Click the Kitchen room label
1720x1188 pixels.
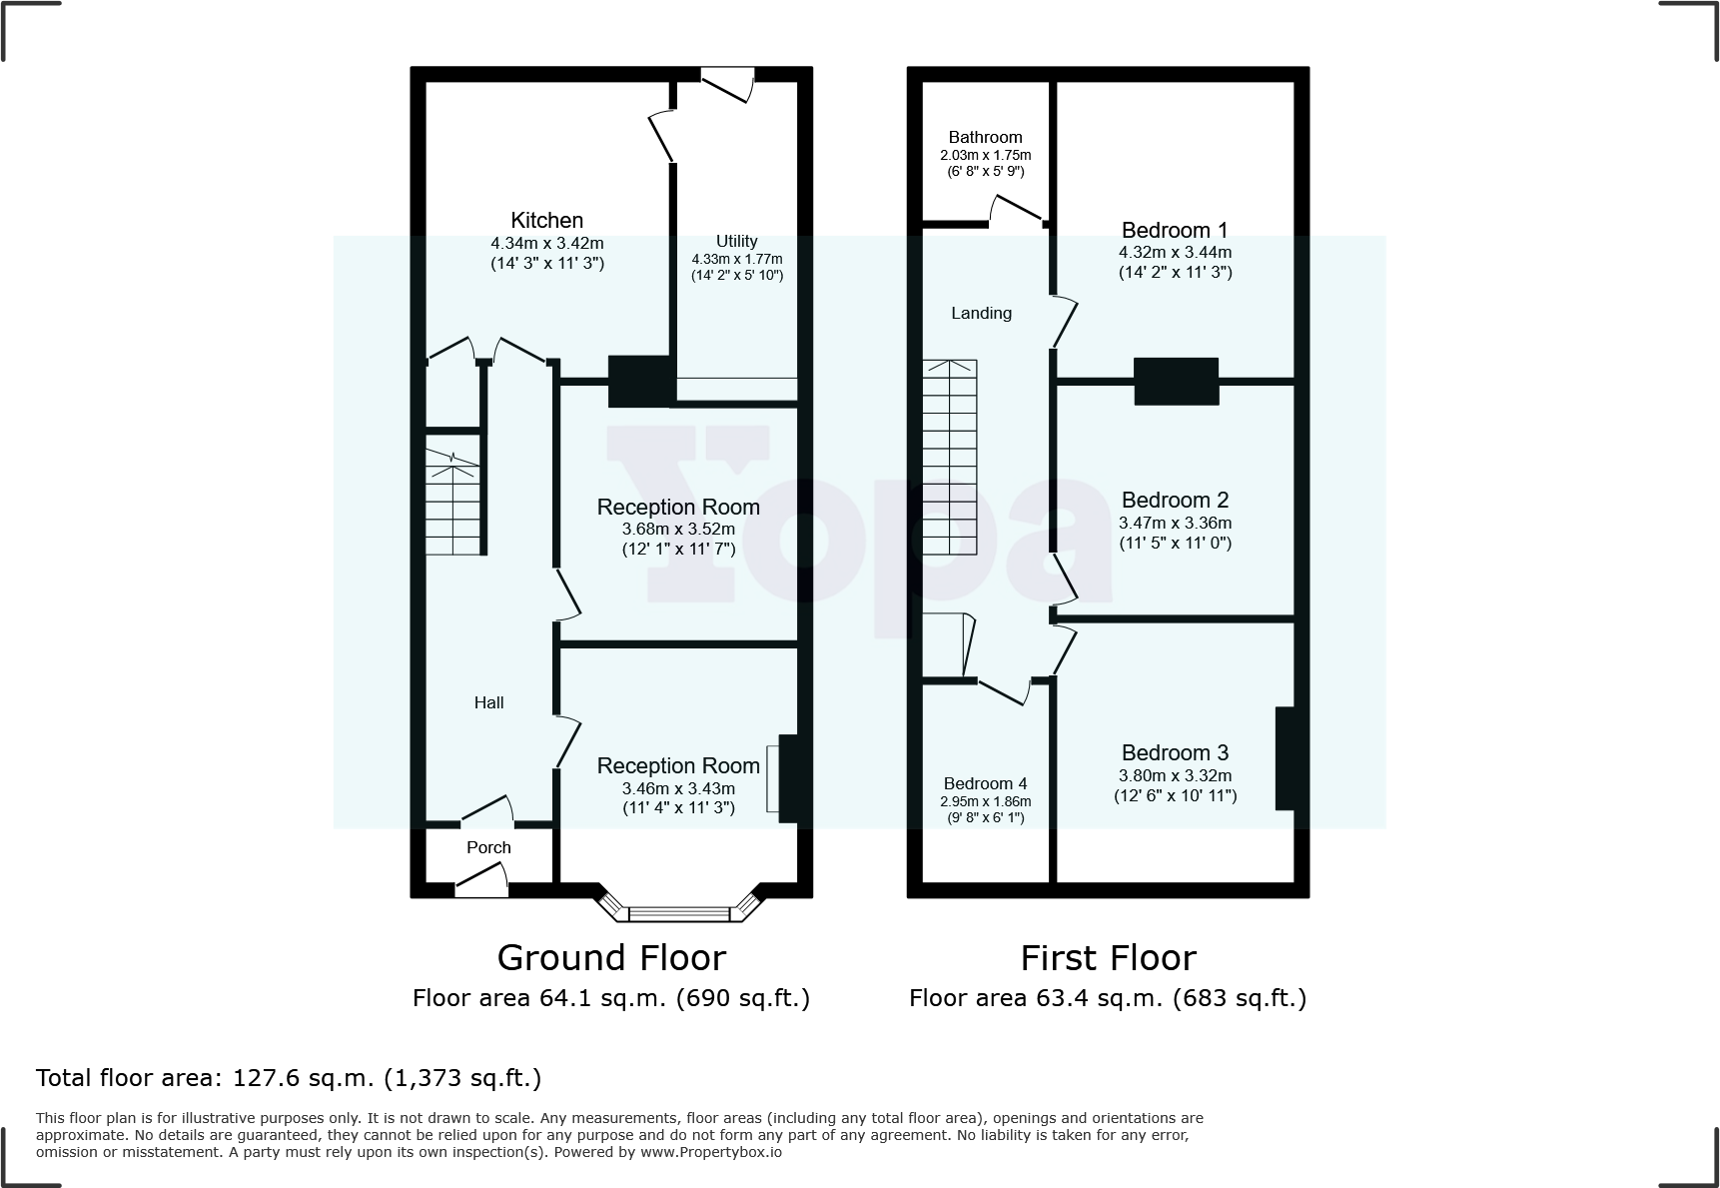546,221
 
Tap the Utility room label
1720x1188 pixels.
736,241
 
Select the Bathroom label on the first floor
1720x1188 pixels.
985,138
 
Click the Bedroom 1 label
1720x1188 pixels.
1175,231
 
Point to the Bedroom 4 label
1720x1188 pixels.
985,784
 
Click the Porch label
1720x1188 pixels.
488,848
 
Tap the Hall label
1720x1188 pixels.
488,703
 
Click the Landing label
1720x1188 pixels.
981,314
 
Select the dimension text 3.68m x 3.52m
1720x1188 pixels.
678,530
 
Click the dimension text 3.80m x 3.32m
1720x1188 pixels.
1175,775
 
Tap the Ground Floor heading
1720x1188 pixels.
611,958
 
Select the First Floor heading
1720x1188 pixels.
1108,958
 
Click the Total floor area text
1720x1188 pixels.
289,1078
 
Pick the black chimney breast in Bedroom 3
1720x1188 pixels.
1286,758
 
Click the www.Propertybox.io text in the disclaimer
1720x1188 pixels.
711,1152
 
